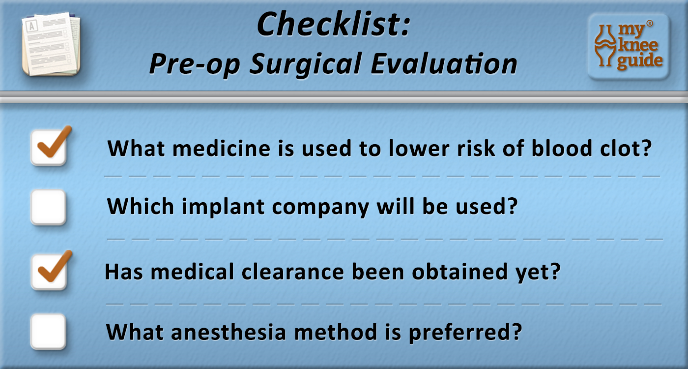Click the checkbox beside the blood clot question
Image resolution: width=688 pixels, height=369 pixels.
pyautogui.click(x=48, y=148)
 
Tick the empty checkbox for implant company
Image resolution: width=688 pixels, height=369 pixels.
pyautogui.click(x=48, y=207)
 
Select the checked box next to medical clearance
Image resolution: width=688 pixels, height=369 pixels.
pyautogui.click(x=48, y=272)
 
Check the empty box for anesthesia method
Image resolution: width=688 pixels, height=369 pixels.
pyautogui.click(x=48, y=332)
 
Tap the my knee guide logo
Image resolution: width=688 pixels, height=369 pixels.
pyautogui.click(x=628, y=47)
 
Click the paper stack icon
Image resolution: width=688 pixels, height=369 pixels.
pyautogui.click(x=51, y=45)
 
